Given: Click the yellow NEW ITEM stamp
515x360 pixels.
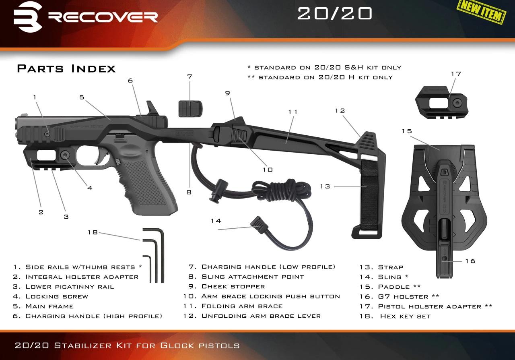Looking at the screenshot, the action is [x=482, y=12].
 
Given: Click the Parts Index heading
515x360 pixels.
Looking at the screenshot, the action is [x=66, y=68].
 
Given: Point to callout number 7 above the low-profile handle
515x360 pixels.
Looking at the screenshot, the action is [x=190, y=77].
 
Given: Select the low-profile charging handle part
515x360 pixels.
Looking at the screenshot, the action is [x=190, y=108].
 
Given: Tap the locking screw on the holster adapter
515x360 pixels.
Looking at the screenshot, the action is [x=65, y=155].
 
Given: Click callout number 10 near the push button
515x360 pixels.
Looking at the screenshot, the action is [x=268, y=170].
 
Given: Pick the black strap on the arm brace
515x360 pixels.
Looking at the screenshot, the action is [x=369, y=194].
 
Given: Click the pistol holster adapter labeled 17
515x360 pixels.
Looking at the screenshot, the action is [x=441, y=103].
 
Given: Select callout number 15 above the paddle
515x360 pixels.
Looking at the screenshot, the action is [x=407, y=131].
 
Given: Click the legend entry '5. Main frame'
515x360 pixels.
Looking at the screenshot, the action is [x=43, y=306].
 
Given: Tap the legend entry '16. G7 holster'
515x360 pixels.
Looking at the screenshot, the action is [x=400, y=297].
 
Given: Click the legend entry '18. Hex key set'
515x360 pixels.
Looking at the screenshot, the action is [x=395, y=316].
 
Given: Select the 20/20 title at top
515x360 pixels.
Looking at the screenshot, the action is [x=334, y=13].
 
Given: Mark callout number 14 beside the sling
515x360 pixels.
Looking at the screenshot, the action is [x=216, y=221].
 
